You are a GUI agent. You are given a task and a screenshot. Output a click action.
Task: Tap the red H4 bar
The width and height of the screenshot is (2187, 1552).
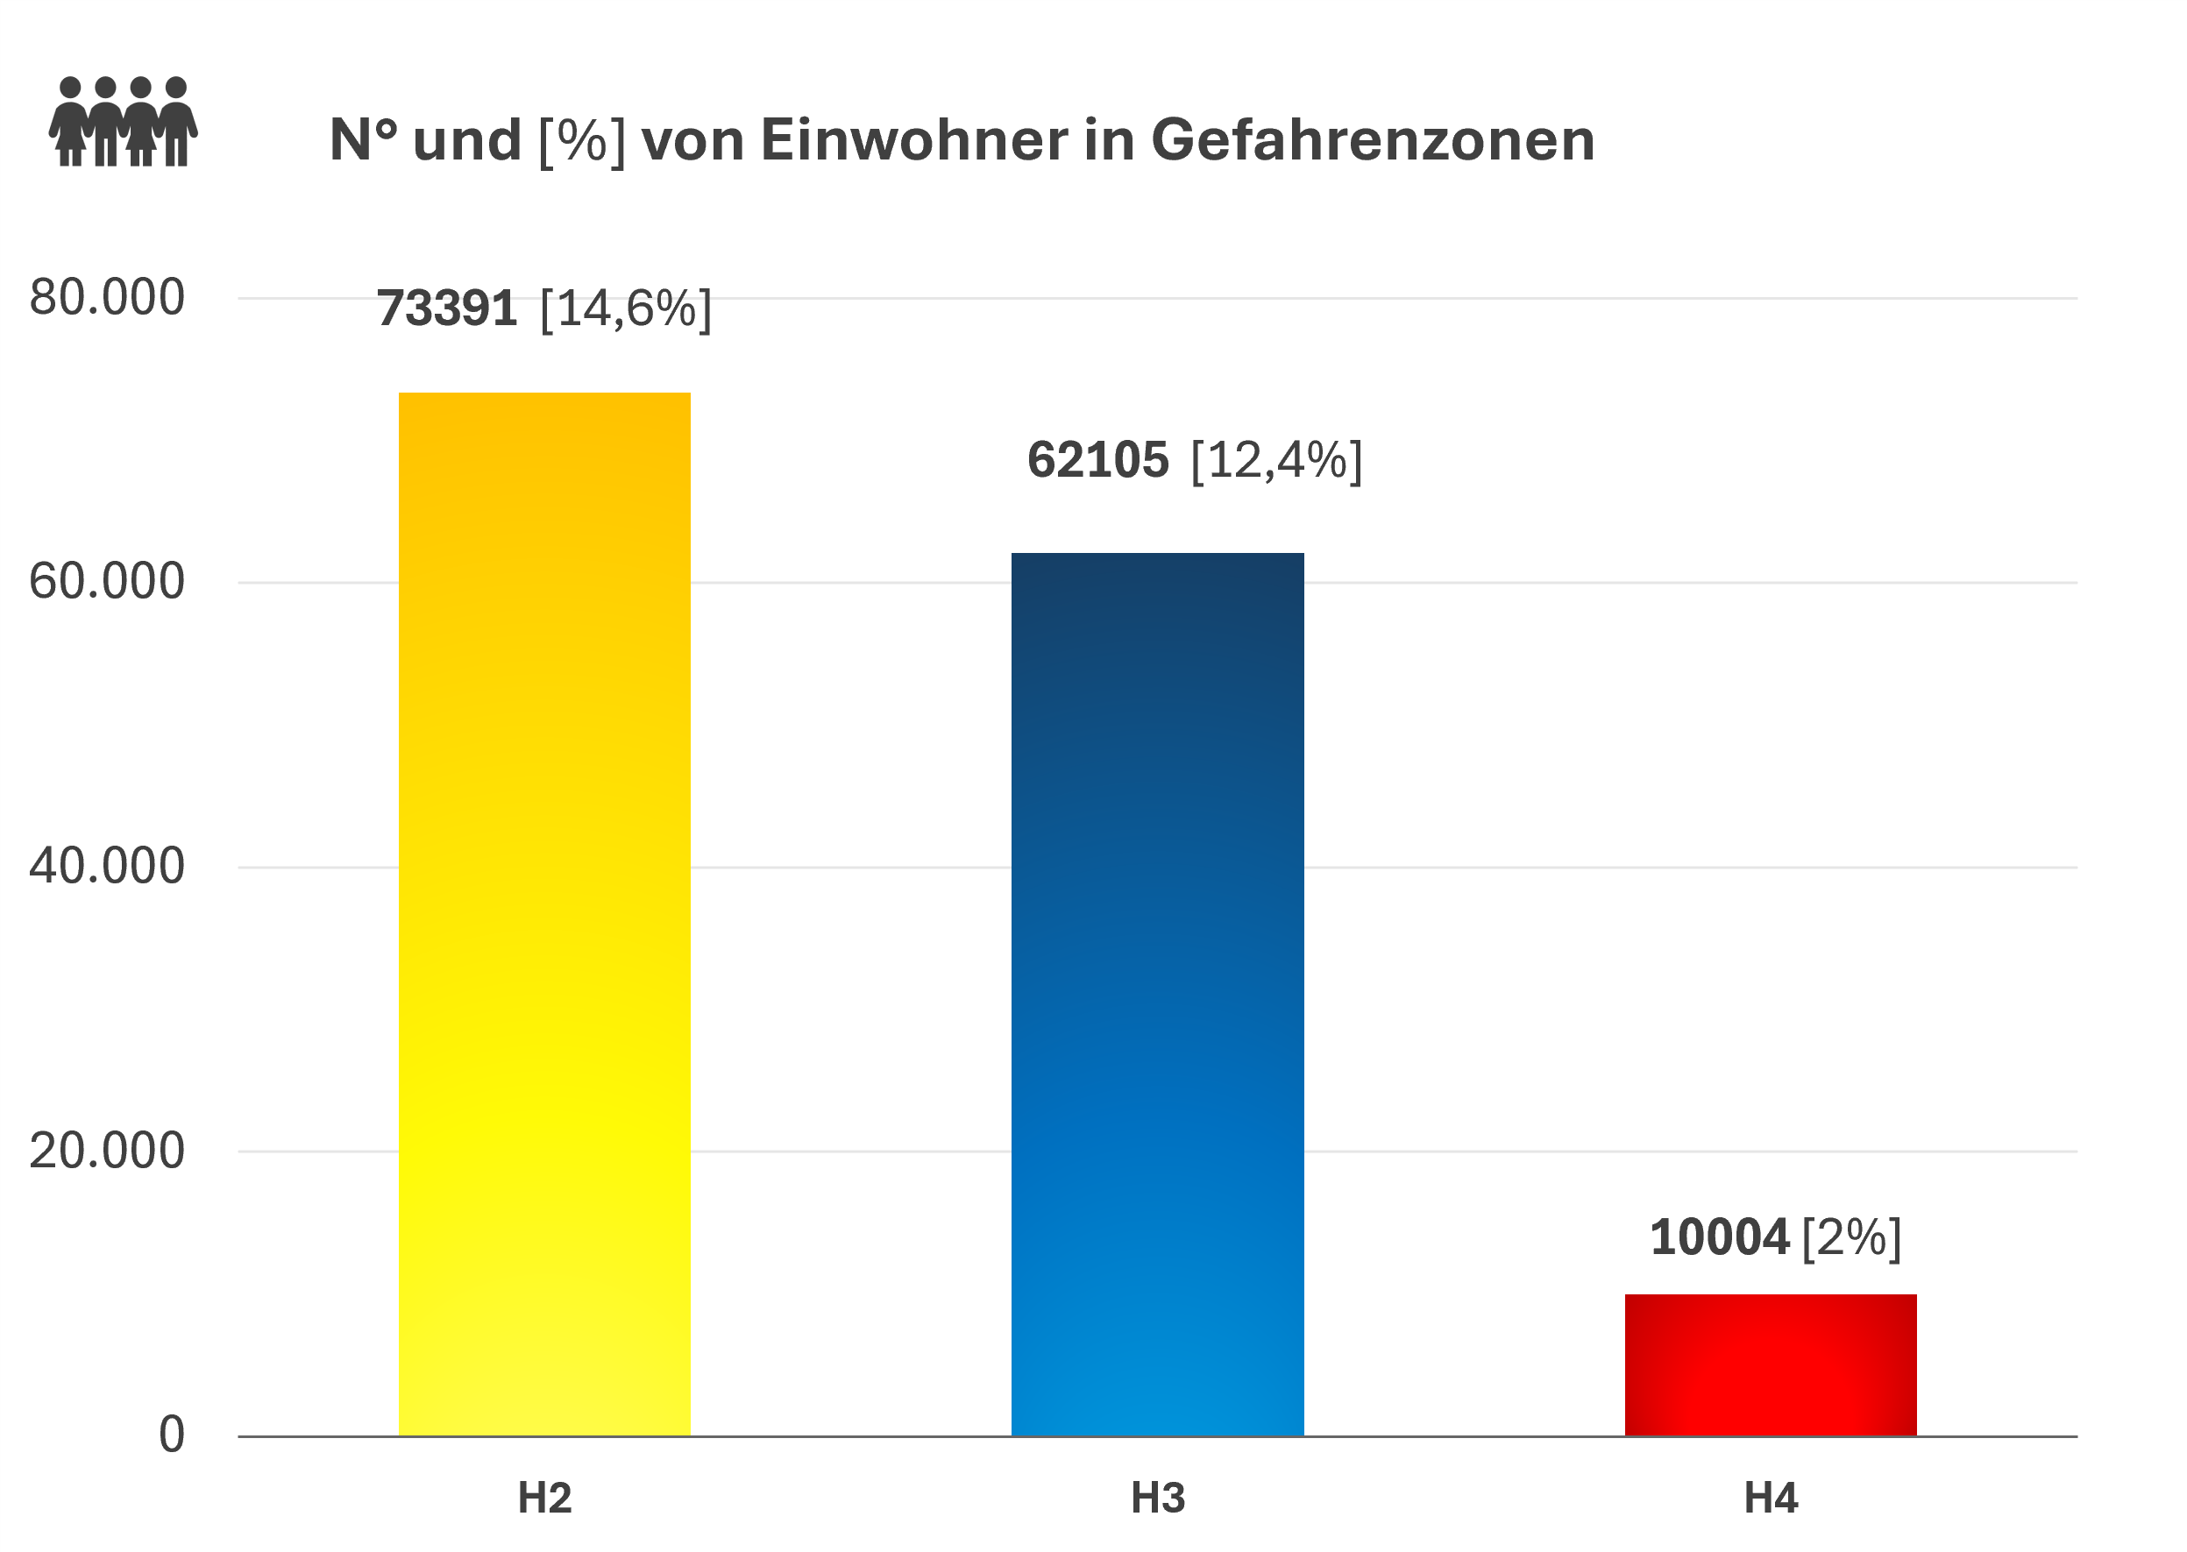pos(1771,1364)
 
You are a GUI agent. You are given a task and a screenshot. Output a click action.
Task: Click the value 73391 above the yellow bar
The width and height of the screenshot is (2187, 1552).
pos(446,308)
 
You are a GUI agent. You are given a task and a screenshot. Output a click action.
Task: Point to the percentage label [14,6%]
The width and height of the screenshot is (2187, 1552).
pos(626,308)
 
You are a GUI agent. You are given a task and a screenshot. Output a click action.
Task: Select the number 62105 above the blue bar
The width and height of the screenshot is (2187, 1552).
pos(1097,460)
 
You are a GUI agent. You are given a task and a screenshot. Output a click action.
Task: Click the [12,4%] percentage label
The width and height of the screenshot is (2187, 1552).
pos(1276,460)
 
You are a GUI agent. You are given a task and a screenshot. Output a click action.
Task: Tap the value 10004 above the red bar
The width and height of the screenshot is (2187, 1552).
pos(1719,1237)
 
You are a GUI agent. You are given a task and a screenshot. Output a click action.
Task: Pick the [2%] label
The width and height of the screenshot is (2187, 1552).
pos(1851,1237)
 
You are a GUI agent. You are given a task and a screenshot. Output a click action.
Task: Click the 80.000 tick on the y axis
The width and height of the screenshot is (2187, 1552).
pos(107,297)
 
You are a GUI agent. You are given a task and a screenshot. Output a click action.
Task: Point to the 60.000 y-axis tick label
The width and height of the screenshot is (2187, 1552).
pos(107,581)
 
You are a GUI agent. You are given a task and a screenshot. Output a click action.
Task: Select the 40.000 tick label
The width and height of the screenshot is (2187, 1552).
pos(107,866)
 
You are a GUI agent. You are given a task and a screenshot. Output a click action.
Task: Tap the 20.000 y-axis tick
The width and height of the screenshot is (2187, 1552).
pos(107,1151)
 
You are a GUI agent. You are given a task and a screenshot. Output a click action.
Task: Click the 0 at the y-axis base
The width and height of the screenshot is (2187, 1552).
pos(172,1435)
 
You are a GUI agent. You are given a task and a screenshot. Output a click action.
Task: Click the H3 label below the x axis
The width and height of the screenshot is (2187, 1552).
pos(1158,1499)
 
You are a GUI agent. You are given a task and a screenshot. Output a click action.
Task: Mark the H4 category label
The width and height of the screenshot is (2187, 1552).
pos(1771,1499)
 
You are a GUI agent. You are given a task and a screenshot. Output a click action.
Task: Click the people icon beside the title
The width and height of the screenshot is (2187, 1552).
pos(124,121)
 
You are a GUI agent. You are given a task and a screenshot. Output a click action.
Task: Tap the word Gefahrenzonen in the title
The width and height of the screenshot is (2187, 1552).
pos(1373,140)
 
